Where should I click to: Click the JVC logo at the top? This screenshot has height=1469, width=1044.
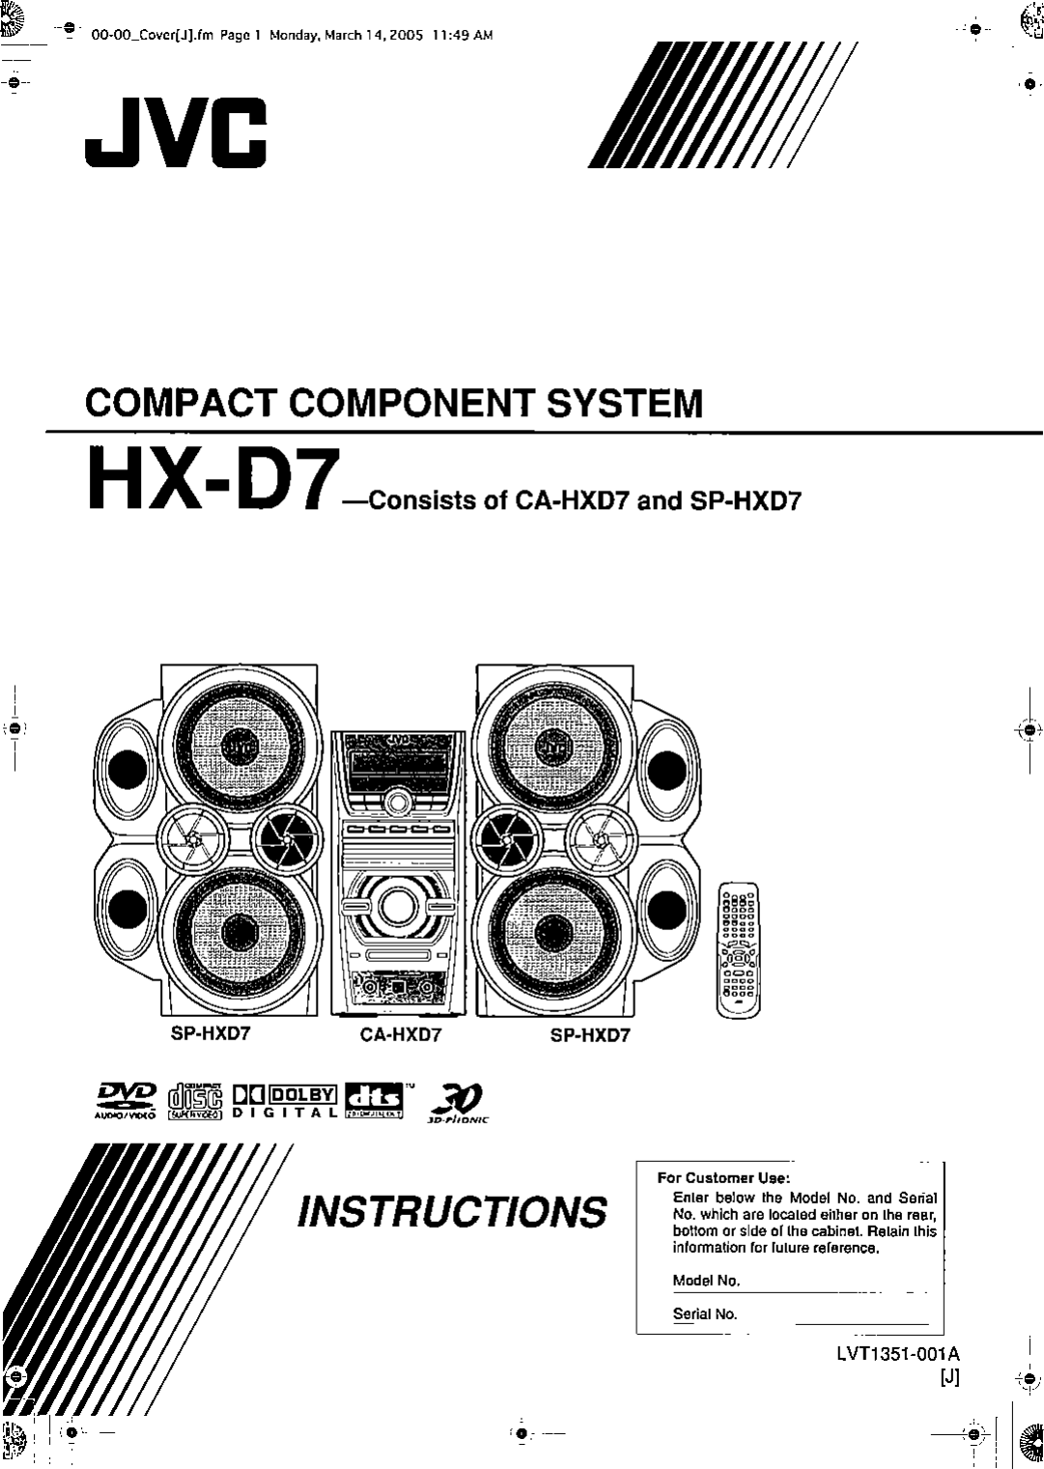coord(175,136)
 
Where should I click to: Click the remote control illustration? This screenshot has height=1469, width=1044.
coord(738,950)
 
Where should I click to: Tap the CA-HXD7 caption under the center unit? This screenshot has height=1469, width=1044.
coord(401,1035)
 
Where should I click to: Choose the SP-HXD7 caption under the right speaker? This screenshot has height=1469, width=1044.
coord(590,1035)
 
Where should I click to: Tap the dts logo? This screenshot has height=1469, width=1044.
coord(379,1099)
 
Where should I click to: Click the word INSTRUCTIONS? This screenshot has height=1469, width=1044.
coord(453,1210)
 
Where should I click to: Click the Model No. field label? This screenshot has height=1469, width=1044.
coord(706,1281)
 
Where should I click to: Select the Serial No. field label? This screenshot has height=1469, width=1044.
coord(705,1314)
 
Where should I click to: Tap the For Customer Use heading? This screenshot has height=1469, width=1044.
coord(723,1177)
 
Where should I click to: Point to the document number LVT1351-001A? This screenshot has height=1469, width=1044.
coord(898,1353)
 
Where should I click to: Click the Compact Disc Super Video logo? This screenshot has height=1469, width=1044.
coord(196,1099)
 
